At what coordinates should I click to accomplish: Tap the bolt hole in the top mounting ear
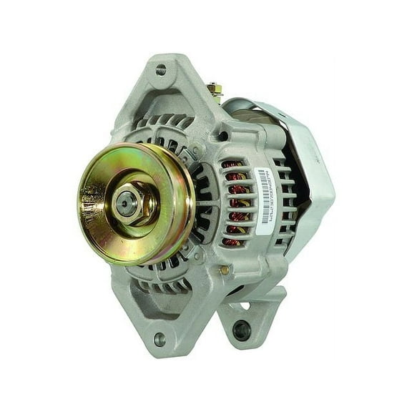click(x=161, y=70)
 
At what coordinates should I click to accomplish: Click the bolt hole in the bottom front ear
click(x=159, y=339)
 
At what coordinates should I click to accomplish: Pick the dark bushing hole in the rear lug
click(x=242, y=329)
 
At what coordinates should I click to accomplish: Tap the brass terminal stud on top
click(x=212, y=91)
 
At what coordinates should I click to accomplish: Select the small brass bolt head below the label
click(x=225, y=270)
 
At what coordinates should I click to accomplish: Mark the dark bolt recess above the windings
click(x=224, y=136)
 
